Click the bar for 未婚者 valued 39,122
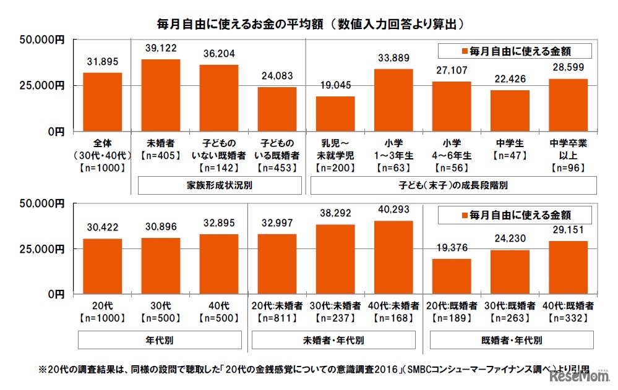[x=161, y=95]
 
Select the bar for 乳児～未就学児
[x=335, y=114]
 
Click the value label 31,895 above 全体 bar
[x=102, y=62]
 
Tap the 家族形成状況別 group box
[x=219, y=185]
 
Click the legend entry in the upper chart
[x=514, y=49]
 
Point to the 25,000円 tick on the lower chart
[x=44, y=248]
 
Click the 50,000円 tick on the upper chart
[x=44, y=40]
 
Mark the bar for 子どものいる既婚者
[x=277, y=109]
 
